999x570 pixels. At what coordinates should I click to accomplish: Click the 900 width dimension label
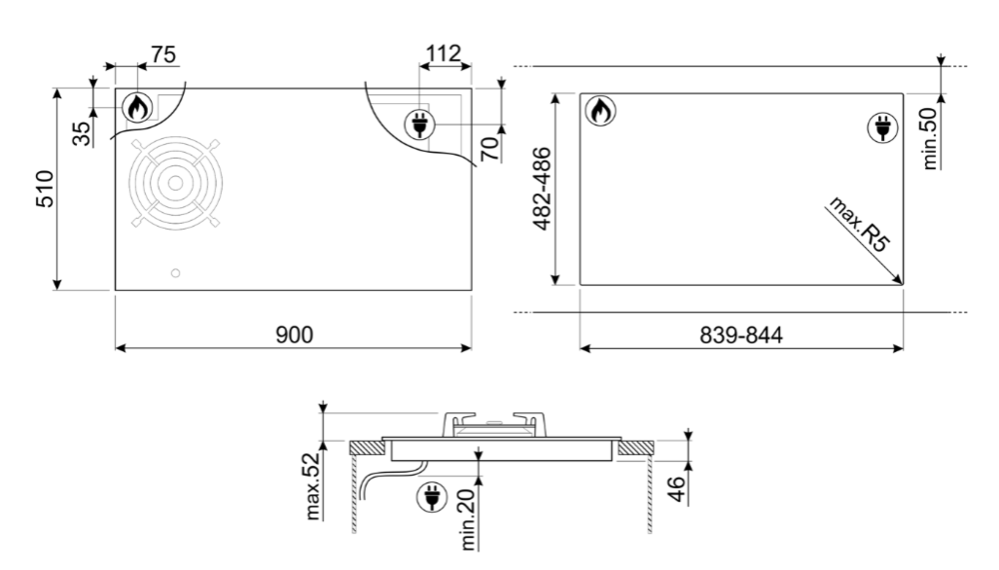tap(295, 334)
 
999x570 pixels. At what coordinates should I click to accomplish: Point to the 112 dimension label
tap(442, 55)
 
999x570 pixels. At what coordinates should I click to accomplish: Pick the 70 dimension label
tap(489, 150)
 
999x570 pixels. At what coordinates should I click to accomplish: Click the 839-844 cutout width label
tap(740, 334)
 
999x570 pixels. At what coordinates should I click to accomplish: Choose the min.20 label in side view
tap(463, 521)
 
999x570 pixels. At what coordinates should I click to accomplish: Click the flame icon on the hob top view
tap(136, 108)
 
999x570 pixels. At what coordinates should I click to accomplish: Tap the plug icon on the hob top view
tap(422, 125)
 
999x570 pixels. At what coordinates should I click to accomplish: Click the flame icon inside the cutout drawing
tap(599, 111)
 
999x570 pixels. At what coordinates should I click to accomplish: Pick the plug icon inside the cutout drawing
tap(882, 127)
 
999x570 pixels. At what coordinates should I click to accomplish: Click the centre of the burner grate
tap(176, 183)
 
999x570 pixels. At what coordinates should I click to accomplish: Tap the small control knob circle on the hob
tap(177, 273)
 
